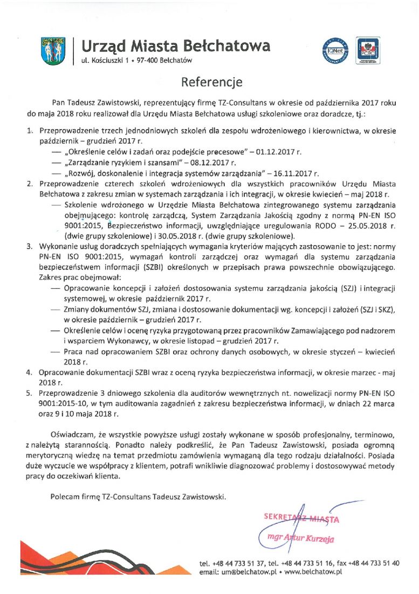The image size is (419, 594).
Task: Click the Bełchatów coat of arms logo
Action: point(53,51)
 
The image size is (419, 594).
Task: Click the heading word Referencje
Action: point(211,82)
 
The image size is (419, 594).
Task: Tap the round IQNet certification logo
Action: point(335,51)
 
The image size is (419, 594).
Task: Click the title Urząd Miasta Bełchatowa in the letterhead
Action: point(176,45)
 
